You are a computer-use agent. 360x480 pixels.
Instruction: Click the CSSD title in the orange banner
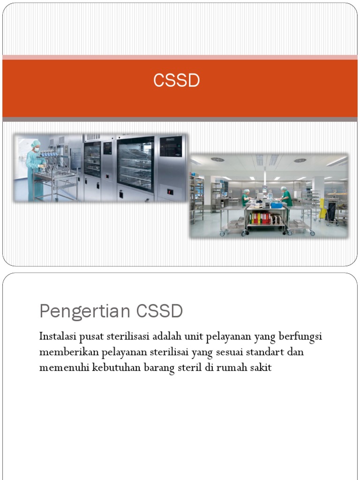(x=177, y=81)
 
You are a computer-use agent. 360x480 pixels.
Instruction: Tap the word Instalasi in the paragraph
(x=57, y=337)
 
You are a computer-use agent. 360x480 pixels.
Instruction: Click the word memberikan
(x=69, y=352)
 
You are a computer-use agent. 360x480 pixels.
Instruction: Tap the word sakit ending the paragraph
(x=262, y=367)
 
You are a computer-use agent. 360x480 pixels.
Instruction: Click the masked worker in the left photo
(x=35, y=169)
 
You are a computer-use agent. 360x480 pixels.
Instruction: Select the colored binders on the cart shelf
(x=261, y=217)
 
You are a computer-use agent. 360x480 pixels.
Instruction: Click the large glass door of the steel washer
(x=135, y=164)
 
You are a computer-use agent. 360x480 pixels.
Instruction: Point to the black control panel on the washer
(x=170, y=146)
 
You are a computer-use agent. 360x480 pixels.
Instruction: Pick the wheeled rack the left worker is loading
(x=55, y=180)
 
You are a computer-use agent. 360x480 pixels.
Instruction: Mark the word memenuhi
(x=65, y=367)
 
